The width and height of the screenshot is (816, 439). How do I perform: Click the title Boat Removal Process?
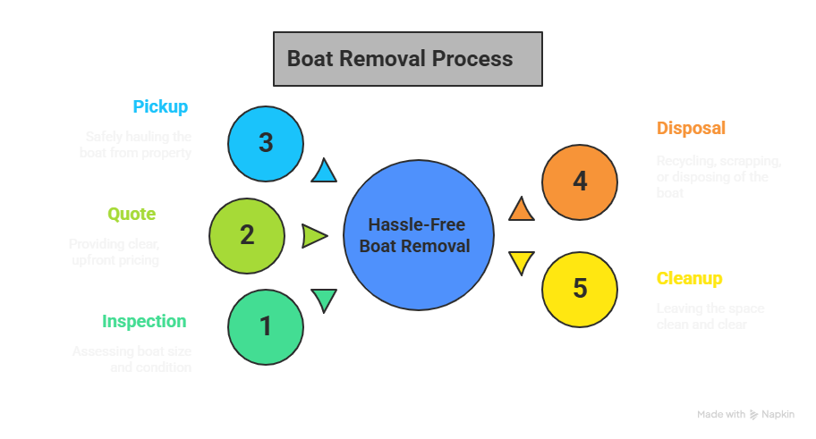[407, 59]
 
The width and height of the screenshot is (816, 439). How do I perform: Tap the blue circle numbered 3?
[266, 143]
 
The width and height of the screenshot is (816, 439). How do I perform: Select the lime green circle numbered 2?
[247, 235]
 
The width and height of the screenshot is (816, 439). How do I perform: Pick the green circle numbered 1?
[266, 326]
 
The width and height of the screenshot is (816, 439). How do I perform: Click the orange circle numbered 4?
[580, 182]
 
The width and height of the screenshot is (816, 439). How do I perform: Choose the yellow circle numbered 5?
[580, 289]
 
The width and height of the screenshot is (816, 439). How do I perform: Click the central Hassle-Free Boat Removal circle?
[419, 236]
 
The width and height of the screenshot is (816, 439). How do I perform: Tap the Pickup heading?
[160, 107]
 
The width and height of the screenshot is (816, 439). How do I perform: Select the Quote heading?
[132, 215]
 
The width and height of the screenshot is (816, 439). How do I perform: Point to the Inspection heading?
[144, 322]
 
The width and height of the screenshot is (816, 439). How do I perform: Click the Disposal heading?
[691, 128]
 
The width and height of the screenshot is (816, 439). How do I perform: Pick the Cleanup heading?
[689, 278]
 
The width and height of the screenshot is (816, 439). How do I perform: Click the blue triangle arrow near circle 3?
[324, 171]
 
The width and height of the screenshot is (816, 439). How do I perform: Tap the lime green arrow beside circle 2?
[314, 236]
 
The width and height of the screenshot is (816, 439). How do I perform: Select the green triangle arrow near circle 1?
[324, 300]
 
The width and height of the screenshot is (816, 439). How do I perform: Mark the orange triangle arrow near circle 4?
[521, 210]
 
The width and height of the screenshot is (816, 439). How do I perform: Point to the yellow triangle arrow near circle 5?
[521, 262]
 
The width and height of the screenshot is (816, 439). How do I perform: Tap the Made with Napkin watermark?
[744, 414]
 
